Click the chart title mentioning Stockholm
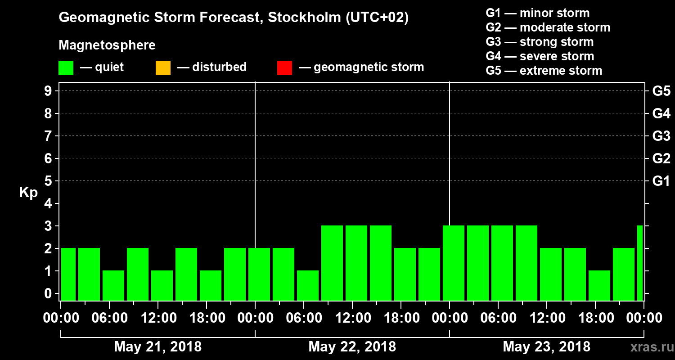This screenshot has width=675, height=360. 234,18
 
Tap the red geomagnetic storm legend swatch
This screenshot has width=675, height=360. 284,68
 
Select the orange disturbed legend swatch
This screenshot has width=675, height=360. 163,68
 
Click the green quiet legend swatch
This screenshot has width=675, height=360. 66,68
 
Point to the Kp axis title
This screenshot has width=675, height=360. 28,193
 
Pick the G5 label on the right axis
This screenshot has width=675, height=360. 661,91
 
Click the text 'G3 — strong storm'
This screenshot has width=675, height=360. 540,42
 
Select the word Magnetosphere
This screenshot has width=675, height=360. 107,45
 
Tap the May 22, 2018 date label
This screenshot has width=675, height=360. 352,347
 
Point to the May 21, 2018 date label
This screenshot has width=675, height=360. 158,347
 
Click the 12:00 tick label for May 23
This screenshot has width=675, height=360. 547,318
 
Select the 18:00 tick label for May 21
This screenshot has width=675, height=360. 207,318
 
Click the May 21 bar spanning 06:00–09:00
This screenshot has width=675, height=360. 113,285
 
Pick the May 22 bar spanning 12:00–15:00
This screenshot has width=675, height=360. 356,263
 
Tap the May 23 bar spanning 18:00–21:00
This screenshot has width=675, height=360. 599,285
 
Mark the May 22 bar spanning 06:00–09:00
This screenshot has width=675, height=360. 308,285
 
